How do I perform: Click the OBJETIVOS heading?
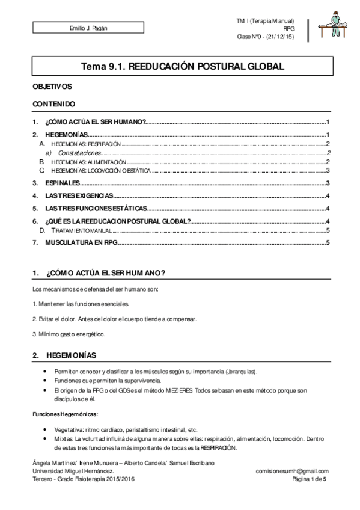[x=52, y=87]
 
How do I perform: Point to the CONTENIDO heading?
[x=54, y=104]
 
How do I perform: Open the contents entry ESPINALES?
[x=63, y=183]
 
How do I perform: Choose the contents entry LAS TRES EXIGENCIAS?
[x=79, y=196]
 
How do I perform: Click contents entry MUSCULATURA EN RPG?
[x=81, y=242]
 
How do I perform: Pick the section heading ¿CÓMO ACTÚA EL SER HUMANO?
[x=106, y=274]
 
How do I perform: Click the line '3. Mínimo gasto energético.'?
[x=69, y=334]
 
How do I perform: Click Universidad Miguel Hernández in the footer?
[x=76, y=471]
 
